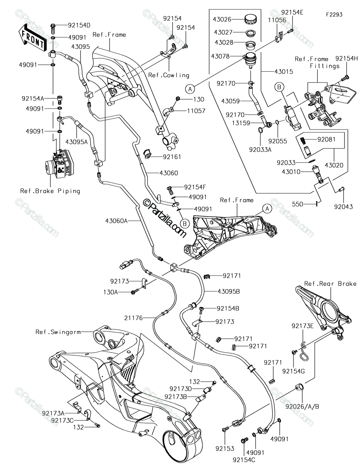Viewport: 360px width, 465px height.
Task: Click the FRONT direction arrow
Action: pyautogui.click(x=33, y=38)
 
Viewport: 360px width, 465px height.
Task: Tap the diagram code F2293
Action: pyautogui.click(x=334, y=15)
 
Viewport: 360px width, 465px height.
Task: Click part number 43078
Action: pyautogui.click(x=220, y=56)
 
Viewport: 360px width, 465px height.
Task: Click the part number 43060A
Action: pyautogui.click(x=116, y=220)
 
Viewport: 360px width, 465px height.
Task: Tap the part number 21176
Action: pyautogui.click(x=133, y=318)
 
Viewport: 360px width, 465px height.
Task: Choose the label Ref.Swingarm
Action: pyautogui.click(x=58, y=332)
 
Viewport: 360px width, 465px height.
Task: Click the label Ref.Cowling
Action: pyautogui.click(x=169, y=75)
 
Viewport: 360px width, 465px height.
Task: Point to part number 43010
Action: pyautogui.click(x=291, y=172)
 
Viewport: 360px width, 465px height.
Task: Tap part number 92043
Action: pyautogui.click(x=343, y=207)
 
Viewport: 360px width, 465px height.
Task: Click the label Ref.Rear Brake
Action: pyautogui.click(x=330, y=284)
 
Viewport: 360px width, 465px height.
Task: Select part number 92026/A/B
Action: pyautogui.click(x=302, y=406)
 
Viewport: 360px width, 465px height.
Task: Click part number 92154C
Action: pyautogui.click(x=244, y=460)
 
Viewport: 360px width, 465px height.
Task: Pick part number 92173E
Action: pyautogui.click(x=303, y=326)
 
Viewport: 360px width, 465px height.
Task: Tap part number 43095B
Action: pyautogui.click(x=229, y=291)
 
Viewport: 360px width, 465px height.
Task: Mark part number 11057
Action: pyautogui.click(x=196, y=111)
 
